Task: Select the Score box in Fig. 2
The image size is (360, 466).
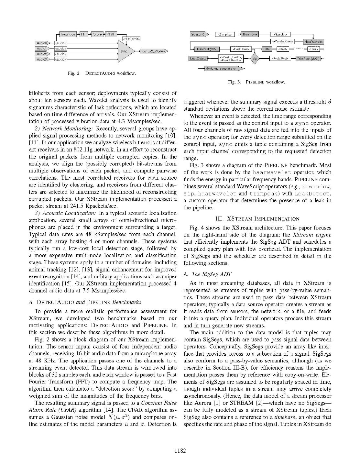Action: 97,34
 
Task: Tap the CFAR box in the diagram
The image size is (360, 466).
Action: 111,34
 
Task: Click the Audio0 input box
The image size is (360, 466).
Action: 41,43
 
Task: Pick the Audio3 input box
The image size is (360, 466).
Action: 41,59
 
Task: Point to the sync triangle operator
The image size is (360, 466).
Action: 124,51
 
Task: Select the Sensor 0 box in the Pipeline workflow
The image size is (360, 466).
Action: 198,34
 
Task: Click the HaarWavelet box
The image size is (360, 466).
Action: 314,41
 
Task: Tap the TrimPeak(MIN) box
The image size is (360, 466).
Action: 207,49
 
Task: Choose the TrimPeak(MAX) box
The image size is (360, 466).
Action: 308,59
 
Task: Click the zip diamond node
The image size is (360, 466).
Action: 255,59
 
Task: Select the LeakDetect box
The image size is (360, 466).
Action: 198,59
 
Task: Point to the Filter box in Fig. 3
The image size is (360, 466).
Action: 267,49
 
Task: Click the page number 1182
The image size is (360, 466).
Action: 180,450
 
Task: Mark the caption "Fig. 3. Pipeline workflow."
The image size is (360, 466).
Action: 256,82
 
